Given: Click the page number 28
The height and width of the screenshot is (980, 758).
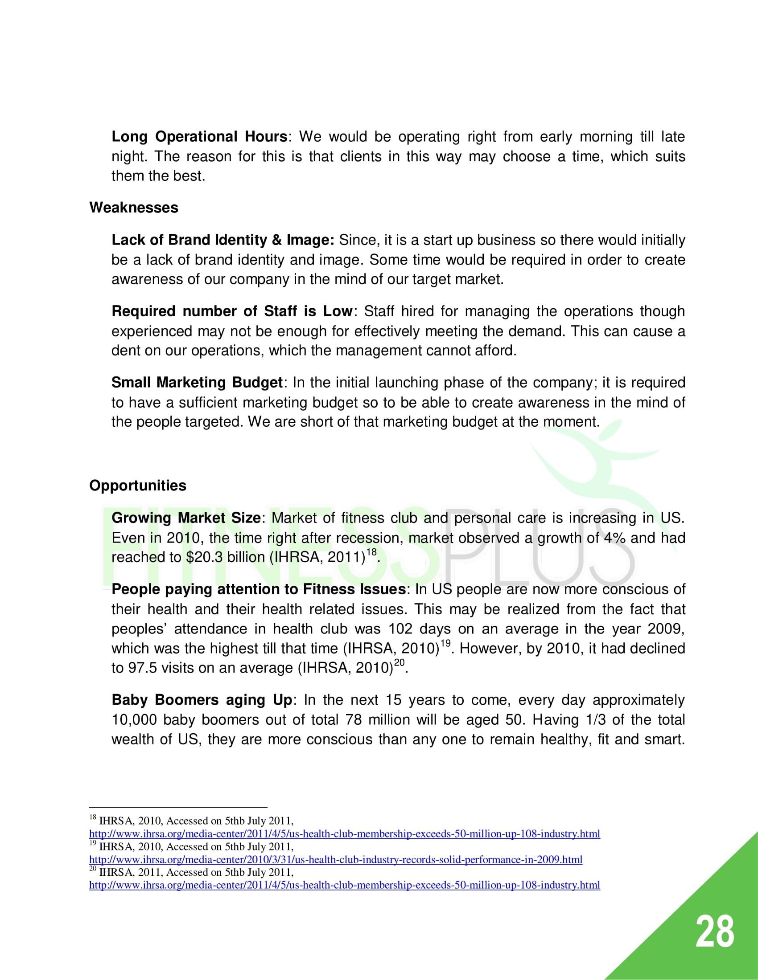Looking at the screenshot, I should click(714, 932).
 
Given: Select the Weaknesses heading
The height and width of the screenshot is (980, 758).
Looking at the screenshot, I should click(134, 208).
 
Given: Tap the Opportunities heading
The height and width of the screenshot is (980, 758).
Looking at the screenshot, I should click(137, 486).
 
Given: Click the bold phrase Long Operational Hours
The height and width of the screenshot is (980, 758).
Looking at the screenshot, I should click(199, 136).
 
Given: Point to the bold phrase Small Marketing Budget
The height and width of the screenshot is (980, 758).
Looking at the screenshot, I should click(197, 382).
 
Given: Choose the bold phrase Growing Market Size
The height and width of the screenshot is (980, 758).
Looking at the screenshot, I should click(185, 518).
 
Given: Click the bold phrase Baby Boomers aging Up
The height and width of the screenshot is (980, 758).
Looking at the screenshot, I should click(202, 700).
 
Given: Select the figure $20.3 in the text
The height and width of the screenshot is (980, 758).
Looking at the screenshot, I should click(204, 557).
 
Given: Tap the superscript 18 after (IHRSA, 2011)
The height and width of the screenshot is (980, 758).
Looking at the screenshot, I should click(371, 552).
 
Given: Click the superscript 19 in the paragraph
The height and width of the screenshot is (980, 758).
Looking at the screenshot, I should click(445, 644).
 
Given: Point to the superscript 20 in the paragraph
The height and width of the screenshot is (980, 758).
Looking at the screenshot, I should click(399, 663).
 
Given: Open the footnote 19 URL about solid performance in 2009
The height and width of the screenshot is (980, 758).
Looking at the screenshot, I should click(335, 860).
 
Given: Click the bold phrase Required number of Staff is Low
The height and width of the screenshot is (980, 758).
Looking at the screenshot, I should click(232, 311).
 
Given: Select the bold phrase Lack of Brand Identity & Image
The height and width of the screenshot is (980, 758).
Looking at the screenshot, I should click(223, 240).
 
